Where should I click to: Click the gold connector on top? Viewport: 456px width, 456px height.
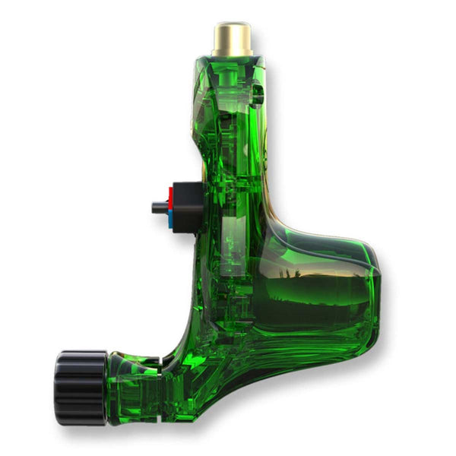click(x=232, y=38)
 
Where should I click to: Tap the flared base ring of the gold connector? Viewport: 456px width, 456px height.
click(x=232, y=53)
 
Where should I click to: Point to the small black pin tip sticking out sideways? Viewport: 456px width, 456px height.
click(x=157, y=207)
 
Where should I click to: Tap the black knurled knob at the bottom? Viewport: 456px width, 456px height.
click(x=81, y=387)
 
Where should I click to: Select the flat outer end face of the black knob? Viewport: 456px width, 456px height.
click(x=59, y=387)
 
